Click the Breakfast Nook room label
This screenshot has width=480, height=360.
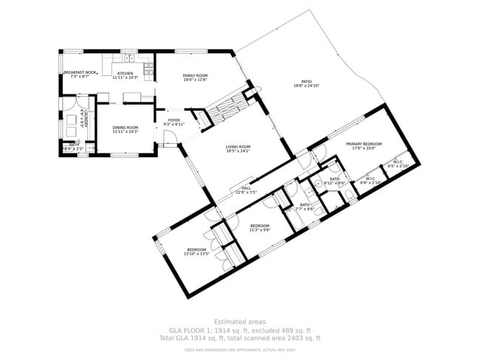tap(80, 72)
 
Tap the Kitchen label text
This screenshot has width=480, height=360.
tap(125, 73)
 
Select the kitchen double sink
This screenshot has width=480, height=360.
tap(128, 58)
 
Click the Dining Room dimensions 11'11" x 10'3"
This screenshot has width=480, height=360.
tap(126, 132)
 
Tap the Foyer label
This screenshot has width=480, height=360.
tap(174, 120)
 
